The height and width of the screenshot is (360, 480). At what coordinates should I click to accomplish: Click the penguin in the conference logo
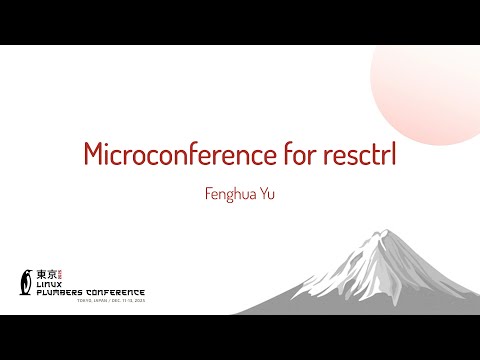click(x=26, y=284)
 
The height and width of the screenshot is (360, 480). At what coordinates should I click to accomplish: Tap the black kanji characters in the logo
click(x=45, y=273)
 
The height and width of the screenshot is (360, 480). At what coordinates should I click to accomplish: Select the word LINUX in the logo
click(x=49, y=284)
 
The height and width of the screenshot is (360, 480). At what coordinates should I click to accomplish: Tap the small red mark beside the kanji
click(x=59, y=273)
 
